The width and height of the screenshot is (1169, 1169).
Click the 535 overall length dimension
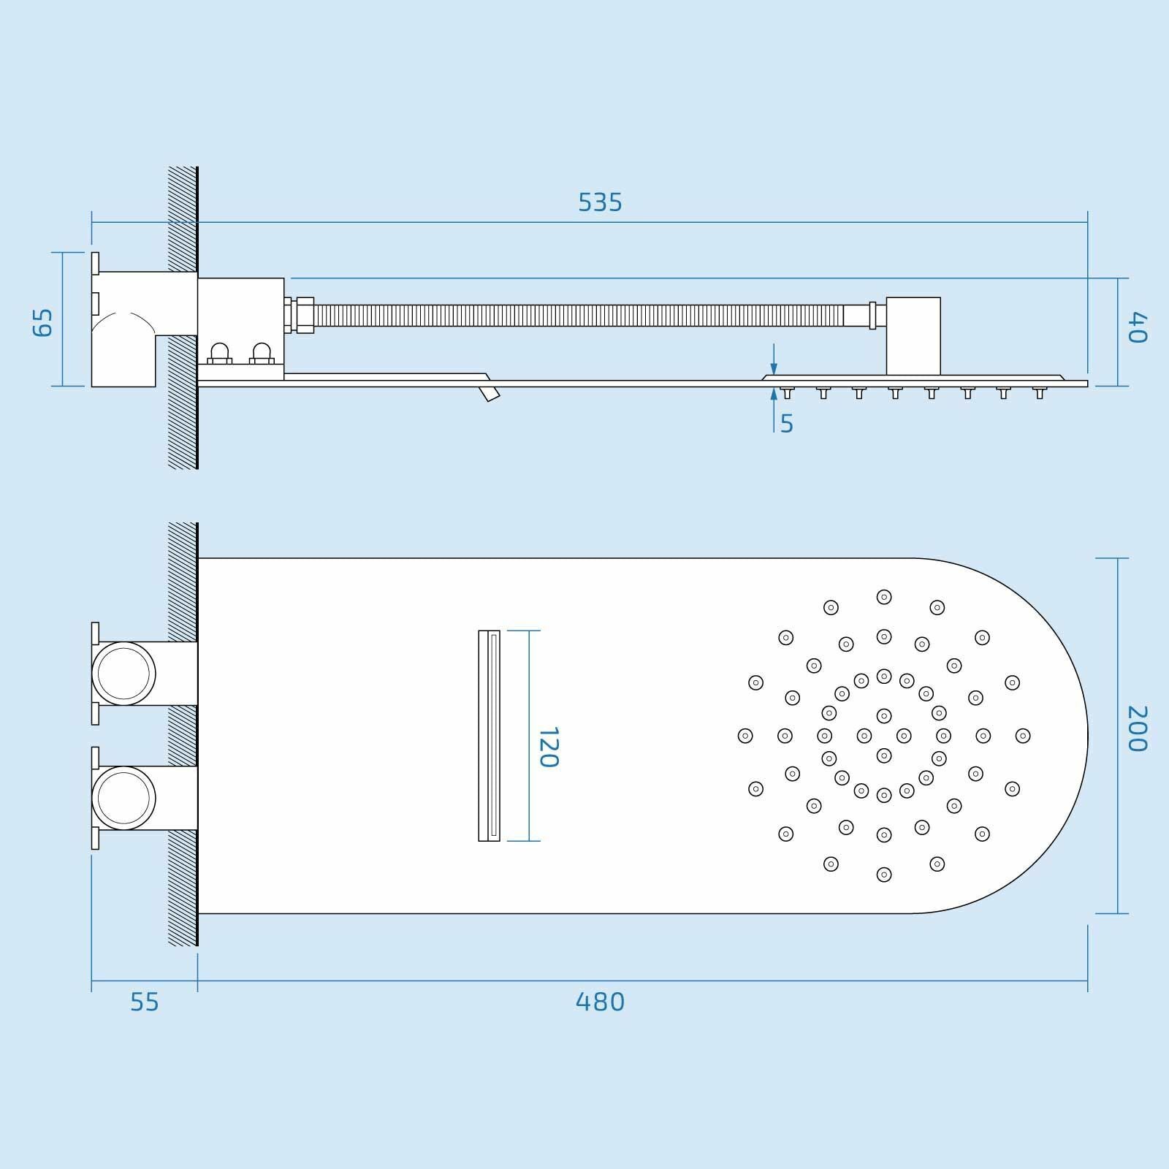[x=600, y=202]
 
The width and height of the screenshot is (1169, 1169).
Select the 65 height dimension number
[x=44, y=321]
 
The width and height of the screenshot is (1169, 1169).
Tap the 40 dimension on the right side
[x=1138, y=327]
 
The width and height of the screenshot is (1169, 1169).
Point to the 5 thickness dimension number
[x=787, y=424]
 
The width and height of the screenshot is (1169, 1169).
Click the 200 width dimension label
[x=1138, y=728]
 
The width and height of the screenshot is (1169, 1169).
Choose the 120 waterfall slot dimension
[x=549, y=747]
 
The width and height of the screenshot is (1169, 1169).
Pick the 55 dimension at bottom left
[x=144, y=1002]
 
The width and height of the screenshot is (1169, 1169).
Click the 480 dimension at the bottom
[x=600, y=1002]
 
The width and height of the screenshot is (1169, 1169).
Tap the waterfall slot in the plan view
[x=490, y=735]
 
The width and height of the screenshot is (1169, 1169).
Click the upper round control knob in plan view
[x=123, y=674]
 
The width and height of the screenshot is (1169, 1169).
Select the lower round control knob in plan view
[x=123, y=798]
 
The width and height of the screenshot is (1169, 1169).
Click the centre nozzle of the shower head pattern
[x=884, y=735]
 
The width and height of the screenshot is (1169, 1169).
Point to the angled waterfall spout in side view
[x=490, y=394]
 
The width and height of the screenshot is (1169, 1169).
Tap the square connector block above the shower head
[x=913, y=335]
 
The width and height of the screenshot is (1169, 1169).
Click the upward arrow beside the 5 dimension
[x=774, y=395]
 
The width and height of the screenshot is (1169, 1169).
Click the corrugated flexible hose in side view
[x=577, y=315]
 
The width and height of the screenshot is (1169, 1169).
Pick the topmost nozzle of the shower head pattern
[x=884, y=597]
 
